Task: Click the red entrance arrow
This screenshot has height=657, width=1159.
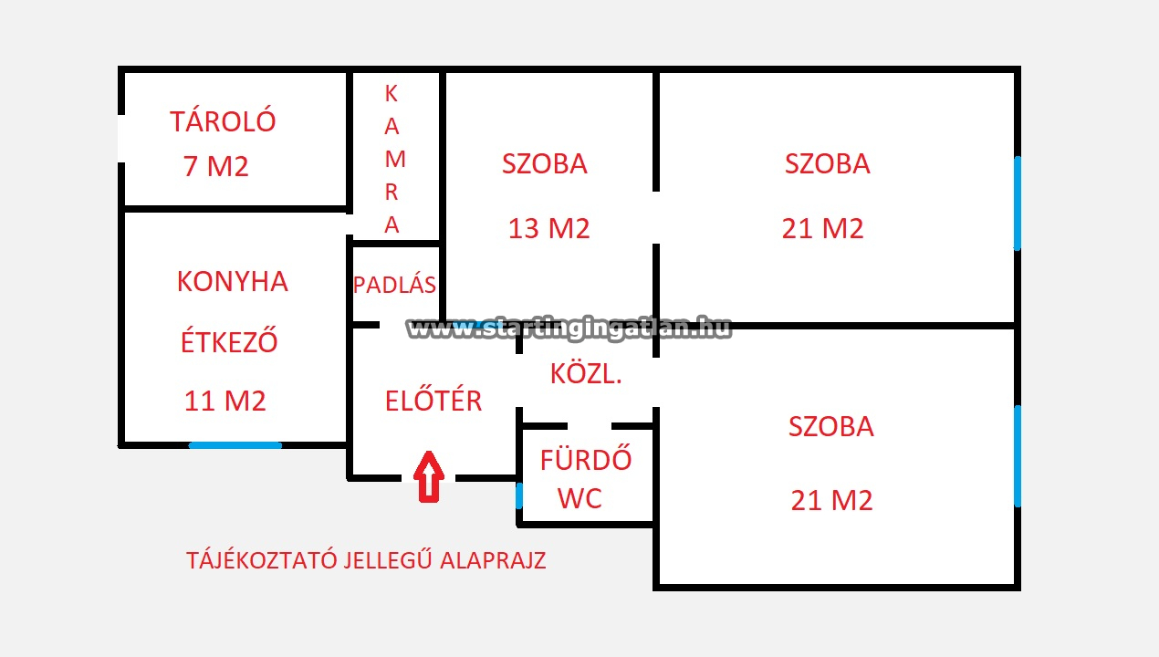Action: [x=429, y=476]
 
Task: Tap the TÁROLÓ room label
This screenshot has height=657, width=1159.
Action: [x=223, y=121]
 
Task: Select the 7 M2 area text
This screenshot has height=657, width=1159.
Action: [x=216, y=167]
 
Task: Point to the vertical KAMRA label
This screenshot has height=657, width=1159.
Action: [x=392, y=159]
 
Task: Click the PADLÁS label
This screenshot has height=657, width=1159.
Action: [x=394, y=285]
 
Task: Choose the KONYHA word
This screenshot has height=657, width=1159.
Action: [x=232, y=282]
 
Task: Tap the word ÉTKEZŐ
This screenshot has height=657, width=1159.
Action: [x=228, y=342]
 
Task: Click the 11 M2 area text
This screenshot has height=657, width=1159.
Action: [x=225, y=401]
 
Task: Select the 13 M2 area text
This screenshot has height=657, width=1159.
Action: [x=548, y=228]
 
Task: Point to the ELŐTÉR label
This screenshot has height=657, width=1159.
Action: [x=433, y=400]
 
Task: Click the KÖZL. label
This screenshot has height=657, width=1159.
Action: [x=586, y=373]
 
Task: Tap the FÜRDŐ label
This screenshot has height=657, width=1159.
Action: [x=586, y=459]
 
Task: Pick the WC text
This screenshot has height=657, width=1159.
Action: [x=579, y=498]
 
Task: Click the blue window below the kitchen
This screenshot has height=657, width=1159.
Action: [x=235, y=445]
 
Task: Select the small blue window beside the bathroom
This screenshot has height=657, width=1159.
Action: [x=519, y=496]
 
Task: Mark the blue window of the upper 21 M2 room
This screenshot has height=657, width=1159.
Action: [x=1018, y=203]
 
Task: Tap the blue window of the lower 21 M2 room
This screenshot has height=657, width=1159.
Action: [x=1018, y=456]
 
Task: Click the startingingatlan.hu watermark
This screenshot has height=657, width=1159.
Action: [x=569, y=328]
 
